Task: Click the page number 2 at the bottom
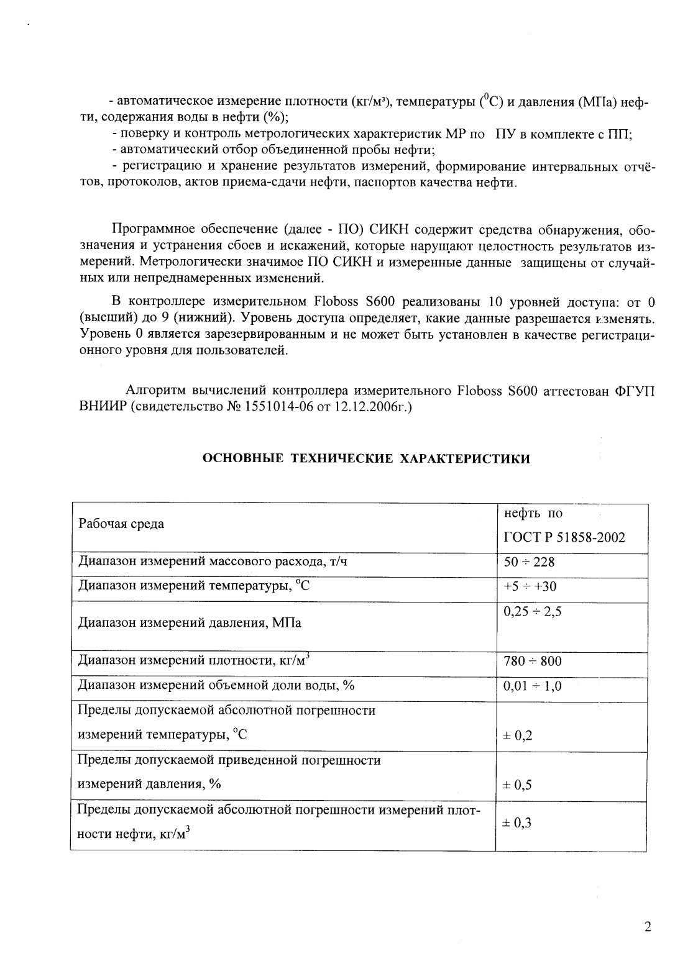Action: click(648, 927)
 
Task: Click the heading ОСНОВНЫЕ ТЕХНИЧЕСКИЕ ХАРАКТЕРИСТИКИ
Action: click(367, 459)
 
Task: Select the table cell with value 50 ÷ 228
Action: click(529, 563)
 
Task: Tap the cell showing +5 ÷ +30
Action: click(530, 587)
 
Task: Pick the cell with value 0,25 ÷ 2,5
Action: click(532, 612)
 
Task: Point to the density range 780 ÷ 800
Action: click(532, 662)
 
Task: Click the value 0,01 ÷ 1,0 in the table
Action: click(532, 686)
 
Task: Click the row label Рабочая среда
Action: click(121, 524)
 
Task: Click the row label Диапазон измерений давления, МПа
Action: click(189, 623)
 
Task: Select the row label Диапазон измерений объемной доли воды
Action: click(215, 686)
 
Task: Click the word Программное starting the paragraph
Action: click(151, 232)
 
